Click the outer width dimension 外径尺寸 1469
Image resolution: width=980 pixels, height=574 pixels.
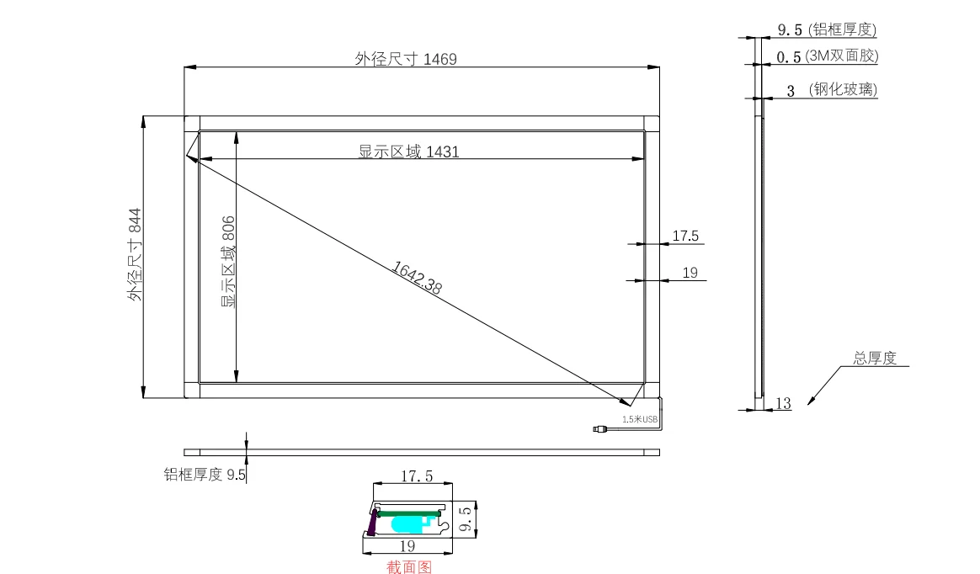406,59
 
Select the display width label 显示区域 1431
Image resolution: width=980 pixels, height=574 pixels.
408,151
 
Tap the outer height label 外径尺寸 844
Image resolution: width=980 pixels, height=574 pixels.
135,255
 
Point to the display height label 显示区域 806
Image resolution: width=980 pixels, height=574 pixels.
228,261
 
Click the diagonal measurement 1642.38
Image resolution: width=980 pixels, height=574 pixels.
417,277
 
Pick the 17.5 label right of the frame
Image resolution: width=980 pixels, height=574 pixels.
685,237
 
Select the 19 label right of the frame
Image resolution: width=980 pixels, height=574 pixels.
690,273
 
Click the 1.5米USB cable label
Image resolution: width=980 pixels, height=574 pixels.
640,419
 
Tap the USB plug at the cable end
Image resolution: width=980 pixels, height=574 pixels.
599,429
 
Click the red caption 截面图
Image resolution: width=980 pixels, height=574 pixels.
409,566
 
